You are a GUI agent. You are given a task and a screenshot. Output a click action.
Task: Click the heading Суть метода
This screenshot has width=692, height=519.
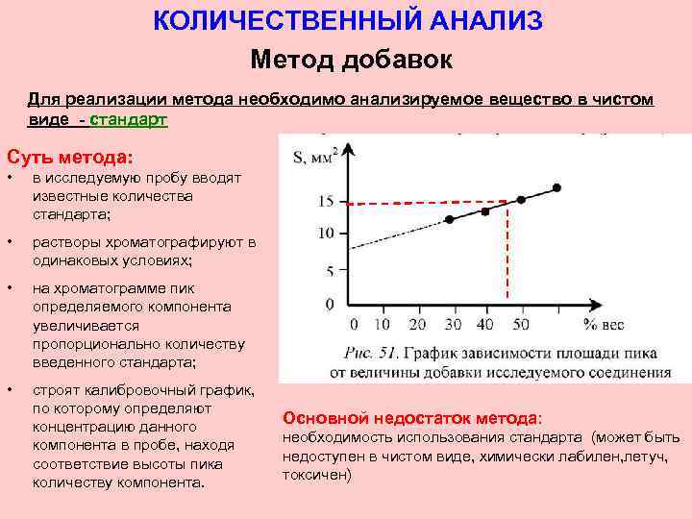pyautogui.click(x=69, y=156)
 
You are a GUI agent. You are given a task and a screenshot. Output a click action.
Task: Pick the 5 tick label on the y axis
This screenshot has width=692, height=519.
pyautogui.click(x=329, y=271)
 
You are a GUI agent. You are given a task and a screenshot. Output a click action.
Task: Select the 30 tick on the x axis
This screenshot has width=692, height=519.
pyautogui.click(x=452, y=325)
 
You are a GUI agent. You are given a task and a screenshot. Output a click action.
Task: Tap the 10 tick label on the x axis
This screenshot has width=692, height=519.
pyautogui.click(x=383, y=325)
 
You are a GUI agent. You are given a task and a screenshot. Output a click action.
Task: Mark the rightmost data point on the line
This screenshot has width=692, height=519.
pyautogui.click(x=556, y=187)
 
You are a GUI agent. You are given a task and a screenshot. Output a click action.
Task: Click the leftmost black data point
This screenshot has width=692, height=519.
pyautogui.click(x=449, y=220)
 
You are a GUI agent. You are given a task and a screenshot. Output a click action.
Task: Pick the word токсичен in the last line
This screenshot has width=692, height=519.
pyautogui.click(x=313, y=475)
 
